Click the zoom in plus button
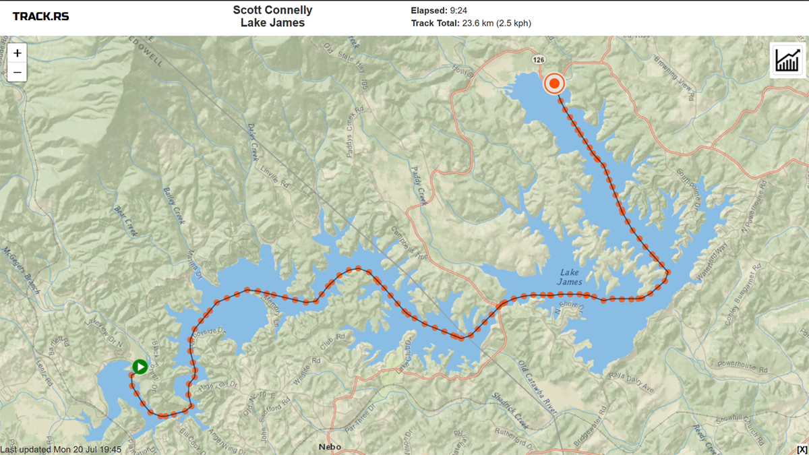coord(17,53)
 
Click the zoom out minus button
coord(17,72)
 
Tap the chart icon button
coord(787,60)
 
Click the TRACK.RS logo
coord(40,16)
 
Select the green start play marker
coord(140,367)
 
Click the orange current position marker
coord(554,84)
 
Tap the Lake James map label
coord(570,277)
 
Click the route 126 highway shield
coord(538,60)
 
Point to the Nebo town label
coord(330,447)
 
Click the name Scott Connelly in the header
coord(272,10)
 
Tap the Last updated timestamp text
coord(61,450)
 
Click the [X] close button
coord(802,450)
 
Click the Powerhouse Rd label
coord(742,367)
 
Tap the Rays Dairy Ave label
coord(631,381)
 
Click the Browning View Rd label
coord(673,78)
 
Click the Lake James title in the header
coord(272,23)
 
